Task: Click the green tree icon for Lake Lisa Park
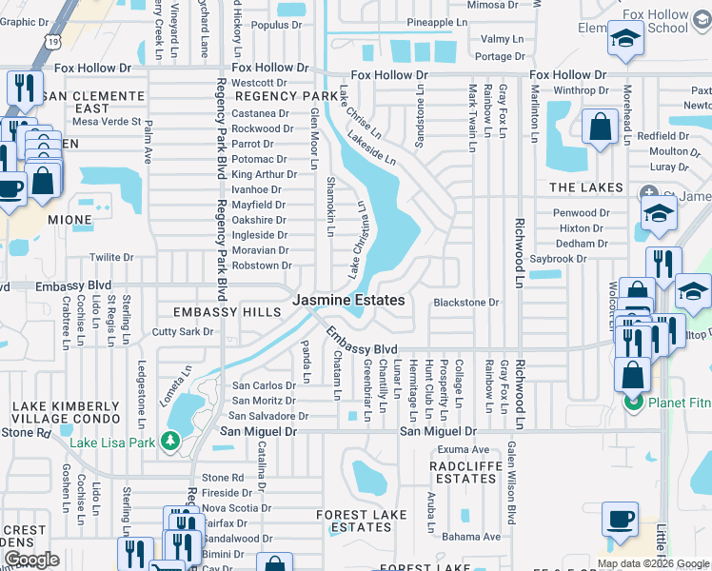point(170,441)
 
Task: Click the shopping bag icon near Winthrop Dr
point(600,127)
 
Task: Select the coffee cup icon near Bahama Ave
point(620,520)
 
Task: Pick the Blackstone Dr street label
point(466,303)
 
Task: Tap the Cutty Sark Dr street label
point(183,332)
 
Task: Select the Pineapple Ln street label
point(437,21)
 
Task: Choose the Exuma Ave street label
point(464,449)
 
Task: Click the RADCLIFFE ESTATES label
point(463,472)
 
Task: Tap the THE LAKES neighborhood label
point(585,187)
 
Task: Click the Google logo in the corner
point(32,560)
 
